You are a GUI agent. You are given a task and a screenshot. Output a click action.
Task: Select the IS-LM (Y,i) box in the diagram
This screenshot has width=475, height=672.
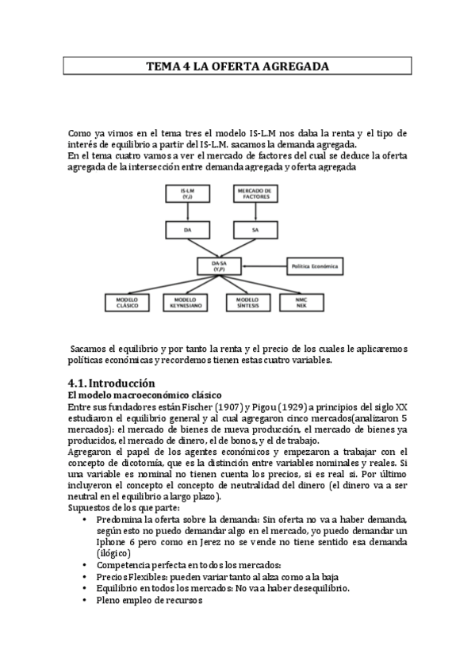click(187, 194)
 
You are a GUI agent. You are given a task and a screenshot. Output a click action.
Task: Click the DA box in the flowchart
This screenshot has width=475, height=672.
click(187, 229)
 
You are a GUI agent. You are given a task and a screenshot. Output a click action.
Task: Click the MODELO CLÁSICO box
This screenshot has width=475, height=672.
click(127, 303)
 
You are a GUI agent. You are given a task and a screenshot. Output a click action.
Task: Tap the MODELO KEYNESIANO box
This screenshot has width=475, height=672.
click(187, 303)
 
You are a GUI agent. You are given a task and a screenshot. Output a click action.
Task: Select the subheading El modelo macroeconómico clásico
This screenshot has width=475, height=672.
click(144, 394)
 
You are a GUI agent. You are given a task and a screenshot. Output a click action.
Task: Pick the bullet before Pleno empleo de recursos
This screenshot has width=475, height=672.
click(85, 600)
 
